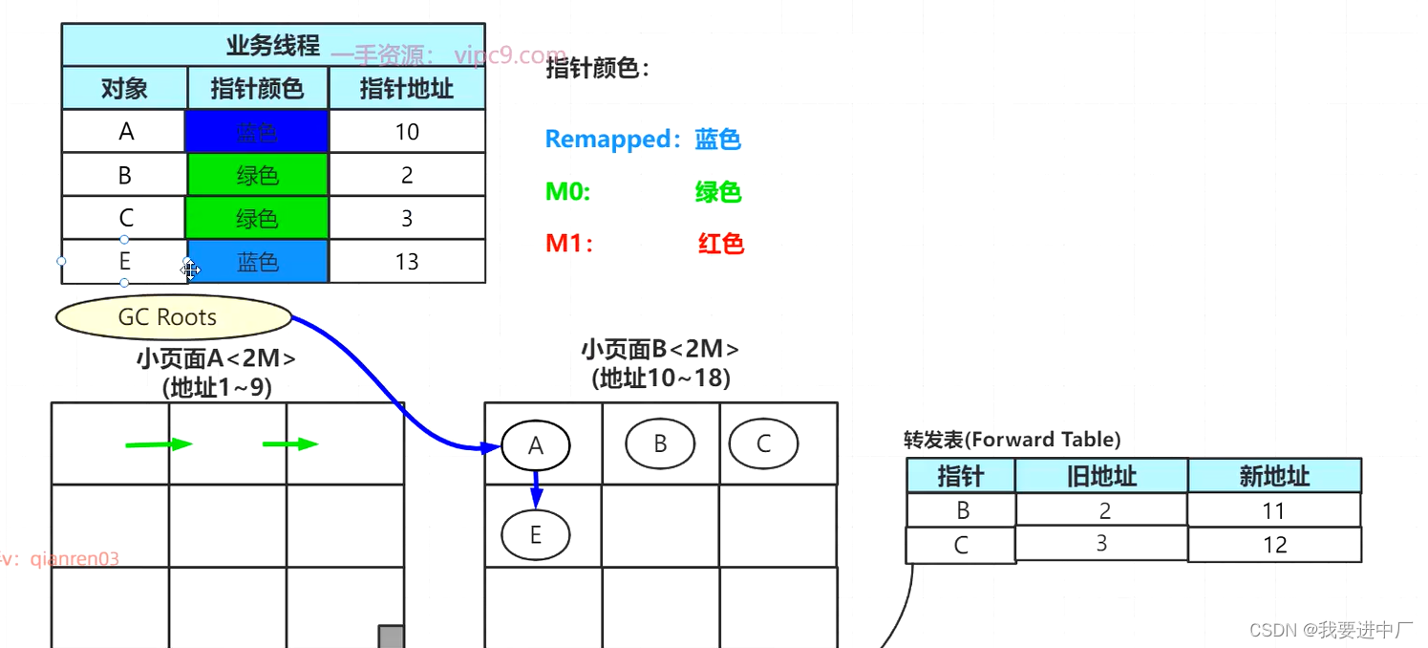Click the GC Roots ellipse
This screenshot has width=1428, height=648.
(x=173, y=317)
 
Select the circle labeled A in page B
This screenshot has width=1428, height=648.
(x=535, y=444)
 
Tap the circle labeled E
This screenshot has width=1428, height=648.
(x=535, y=534)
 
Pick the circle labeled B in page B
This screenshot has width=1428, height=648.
(x=659, y=443)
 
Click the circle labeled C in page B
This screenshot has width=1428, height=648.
(x=763, y=443)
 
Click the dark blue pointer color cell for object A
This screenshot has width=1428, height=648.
(x=257, y=132)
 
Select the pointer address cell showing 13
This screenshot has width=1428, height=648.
(x=407, y=262)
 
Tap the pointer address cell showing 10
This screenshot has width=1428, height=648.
(x=407, y=132)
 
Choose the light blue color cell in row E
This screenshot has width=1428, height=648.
(x=257, y=262)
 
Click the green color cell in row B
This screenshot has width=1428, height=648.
(x=257, y=175)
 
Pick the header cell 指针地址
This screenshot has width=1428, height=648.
(x=407, y=89)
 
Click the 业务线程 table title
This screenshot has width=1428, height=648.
(x=272, y=45)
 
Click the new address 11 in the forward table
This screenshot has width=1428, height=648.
(x=1273, y=511)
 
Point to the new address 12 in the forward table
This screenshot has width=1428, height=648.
(x=1273, y=545)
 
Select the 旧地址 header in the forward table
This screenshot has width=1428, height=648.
(x=1100, y=476)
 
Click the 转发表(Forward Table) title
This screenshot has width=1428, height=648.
(x=1012, y=440)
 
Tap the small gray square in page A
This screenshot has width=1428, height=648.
(x=391, y=637)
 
